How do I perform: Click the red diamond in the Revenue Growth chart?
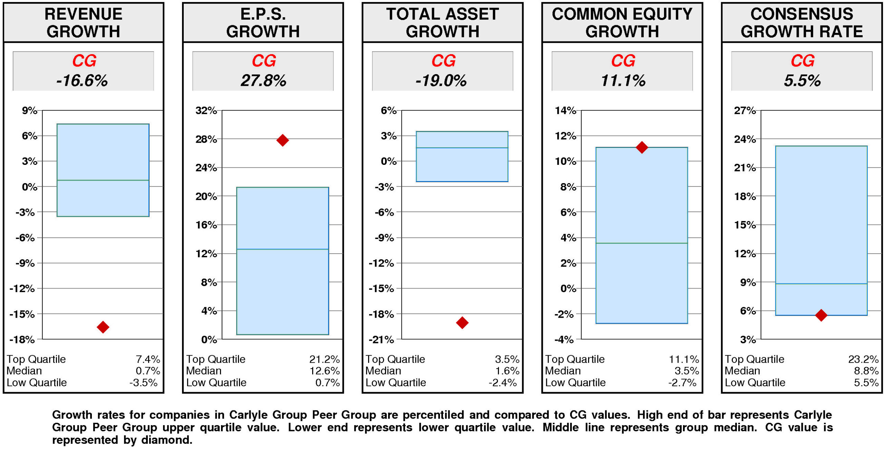point(103,327)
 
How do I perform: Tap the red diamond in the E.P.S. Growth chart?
point(282,140)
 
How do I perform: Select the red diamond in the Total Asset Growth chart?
point(462,322)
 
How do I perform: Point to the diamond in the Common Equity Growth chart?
point(642,147)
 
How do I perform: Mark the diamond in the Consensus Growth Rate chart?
point(821,315)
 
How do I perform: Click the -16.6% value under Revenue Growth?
point(82,81)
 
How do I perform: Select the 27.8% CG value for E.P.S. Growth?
point(263,81)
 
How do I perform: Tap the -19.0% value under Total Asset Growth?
point(441,81)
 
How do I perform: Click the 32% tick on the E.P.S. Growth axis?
point(206,110)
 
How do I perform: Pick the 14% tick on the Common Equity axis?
point(565,110)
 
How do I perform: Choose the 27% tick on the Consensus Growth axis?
point(745,110)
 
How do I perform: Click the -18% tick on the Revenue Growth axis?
point(22,340)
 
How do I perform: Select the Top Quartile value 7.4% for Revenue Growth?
point(148,359)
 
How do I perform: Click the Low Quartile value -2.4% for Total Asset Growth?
point(503,382)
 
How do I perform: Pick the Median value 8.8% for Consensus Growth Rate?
point(866,371)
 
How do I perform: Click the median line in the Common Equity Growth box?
point(642,243)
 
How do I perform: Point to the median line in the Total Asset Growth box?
point(462,148)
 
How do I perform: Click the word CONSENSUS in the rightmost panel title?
point(801,14)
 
